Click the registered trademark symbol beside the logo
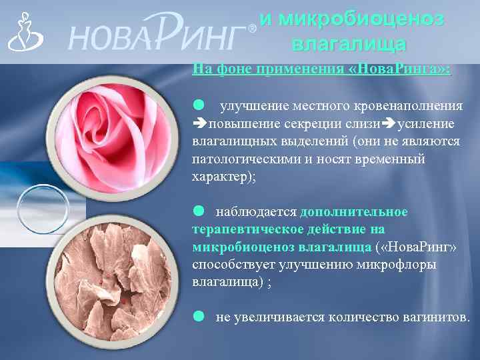tap(251, 29)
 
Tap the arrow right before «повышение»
tap(199, 124)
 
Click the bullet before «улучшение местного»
tap(198, 105)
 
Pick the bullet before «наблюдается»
tap(198, 211)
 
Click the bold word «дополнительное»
tap(354, 212)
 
